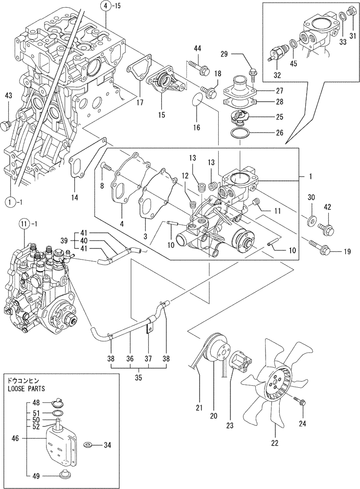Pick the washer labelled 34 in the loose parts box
(x=89, y=445)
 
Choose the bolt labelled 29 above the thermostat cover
(x=252, y=73)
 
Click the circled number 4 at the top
(x=106, y=6)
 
